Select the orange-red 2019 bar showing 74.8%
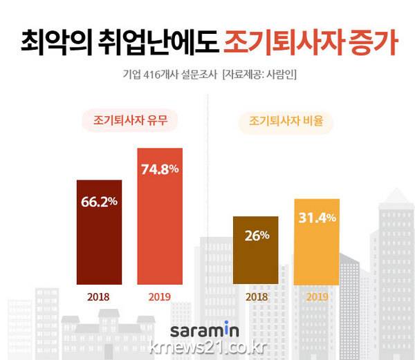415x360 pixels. [160, 216]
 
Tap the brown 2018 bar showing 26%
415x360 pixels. [256, 249]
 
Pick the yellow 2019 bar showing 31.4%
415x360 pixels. [316, 241]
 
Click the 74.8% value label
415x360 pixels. [160, 168]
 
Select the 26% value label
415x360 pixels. [256, 235]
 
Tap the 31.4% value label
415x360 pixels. [317, 218]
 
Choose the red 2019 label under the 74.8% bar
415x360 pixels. [160, 298]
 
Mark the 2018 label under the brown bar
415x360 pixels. [256, 298]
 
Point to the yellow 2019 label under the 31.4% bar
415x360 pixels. [317, 298]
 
